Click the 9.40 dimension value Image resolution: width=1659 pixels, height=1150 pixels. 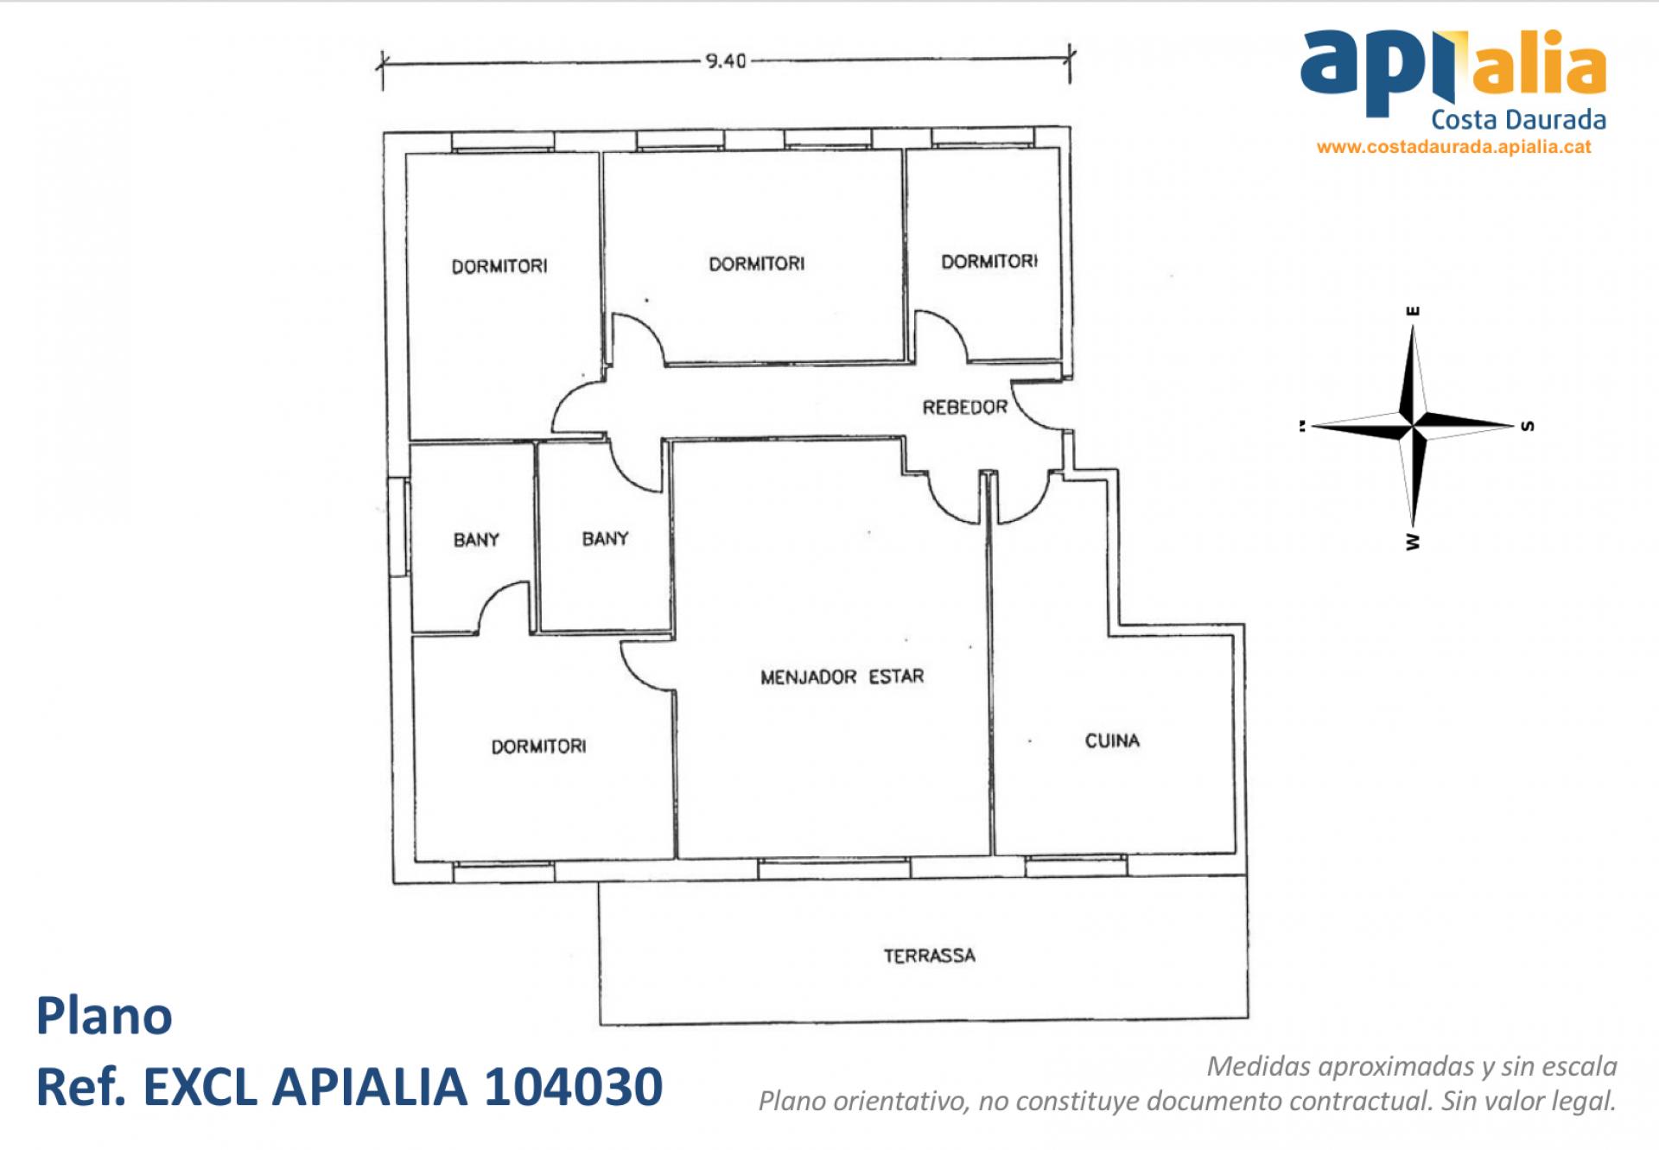725,60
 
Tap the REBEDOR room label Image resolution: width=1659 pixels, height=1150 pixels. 964,407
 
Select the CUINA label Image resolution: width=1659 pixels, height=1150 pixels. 1112,740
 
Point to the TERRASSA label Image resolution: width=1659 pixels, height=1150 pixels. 929,956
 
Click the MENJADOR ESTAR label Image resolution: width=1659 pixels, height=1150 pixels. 842,677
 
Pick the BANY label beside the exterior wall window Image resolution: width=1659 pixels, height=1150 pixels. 476,540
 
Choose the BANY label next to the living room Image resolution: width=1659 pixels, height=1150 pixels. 605,539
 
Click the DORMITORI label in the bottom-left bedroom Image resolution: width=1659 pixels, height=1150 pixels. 538,747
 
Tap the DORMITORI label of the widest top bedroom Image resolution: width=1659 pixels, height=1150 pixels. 756,264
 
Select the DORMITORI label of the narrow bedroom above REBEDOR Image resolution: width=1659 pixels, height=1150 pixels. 989,261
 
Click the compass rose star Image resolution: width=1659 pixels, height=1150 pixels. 1413,425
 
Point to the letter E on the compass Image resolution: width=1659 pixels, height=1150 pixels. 1414,310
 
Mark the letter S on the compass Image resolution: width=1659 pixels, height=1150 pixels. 1527,426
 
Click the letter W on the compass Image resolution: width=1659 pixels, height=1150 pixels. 1413,542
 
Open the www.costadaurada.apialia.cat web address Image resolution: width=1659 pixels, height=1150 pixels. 1453,147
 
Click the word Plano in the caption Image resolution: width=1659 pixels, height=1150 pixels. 104,1016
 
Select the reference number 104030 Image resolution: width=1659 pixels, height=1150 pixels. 573,1086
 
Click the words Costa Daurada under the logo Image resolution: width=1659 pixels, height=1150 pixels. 1518,119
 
